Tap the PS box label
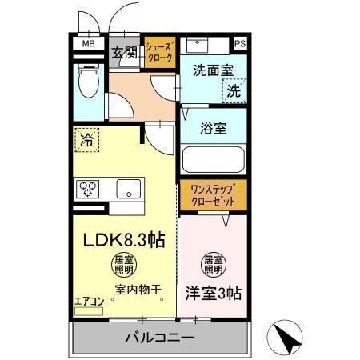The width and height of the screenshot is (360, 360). (239, 45)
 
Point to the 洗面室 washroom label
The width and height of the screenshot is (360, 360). (213, 70)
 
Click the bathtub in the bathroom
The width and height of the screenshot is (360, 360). (214, 158)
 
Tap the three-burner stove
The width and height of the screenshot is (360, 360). (87, 189)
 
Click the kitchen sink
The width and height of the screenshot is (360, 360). (127, 189)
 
